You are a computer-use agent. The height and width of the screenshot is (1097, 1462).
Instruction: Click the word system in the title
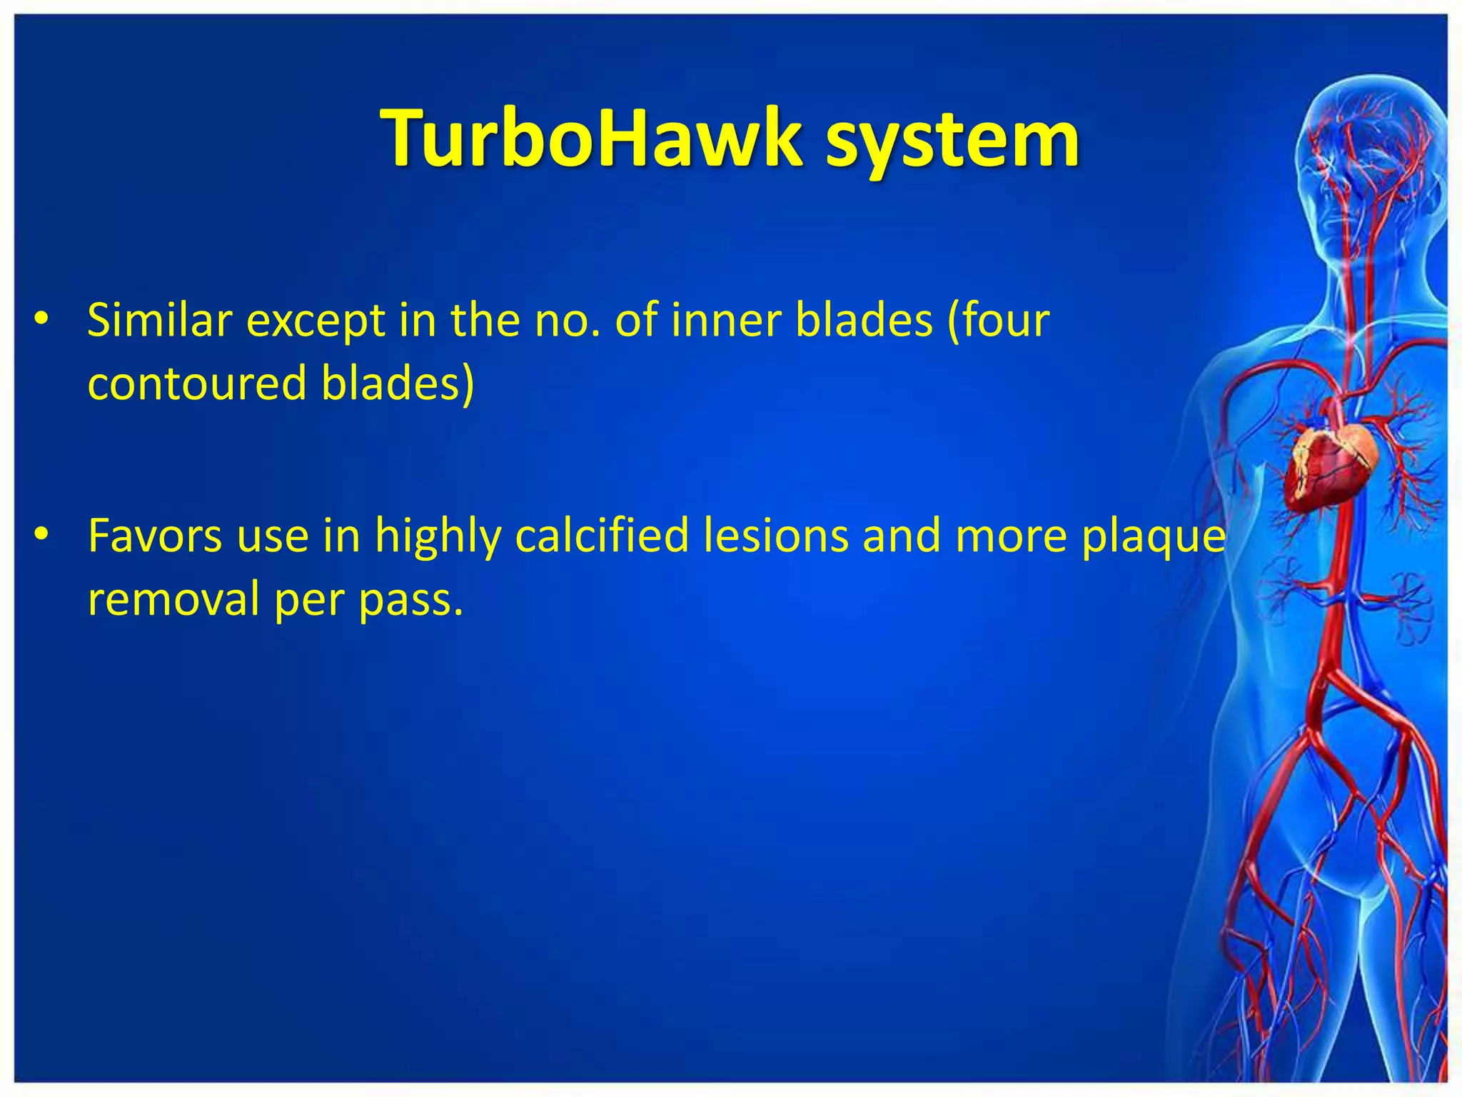coord(952,140)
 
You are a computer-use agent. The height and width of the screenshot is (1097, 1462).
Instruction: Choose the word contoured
coord(197,384)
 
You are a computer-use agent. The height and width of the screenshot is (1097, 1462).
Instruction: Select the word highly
coord(438,537)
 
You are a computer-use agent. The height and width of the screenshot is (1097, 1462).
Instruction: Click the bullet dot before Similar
coord(42,321)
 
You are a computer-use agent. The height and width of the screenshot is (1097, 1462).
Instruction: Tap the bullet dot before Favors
coord(42,535)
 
